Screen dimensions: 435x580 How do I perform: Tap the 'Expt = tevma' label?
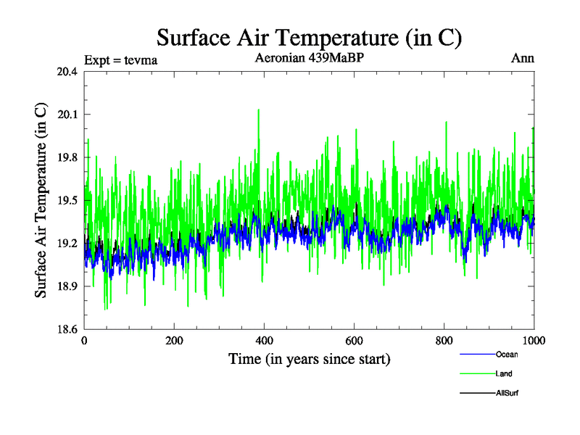[121, 59]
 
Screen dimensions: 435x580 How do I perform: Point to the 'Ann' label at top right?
[523, 59]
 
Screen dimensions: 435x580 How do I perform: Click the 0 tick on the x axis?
[85, 341]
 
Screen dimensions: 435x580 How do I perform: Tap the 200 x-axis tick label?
[175, 341]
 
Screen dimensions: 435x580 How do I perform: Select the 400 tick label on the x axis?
[265, 341]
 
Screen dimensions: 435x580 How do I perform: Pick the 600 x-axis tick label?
[355, 341]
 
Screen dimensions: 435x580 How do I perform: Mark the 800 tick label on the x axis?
[444, 341]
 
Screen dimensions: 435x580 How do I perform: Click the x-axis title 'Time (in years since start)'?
[310, 358]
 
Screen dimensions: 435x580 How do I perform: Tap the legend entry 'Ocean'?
[507, 355]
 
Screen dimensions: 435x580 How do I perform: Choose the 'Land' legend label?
[505, 373]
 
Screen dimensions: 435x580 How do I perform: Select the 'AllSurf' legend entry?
[507, 392]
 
